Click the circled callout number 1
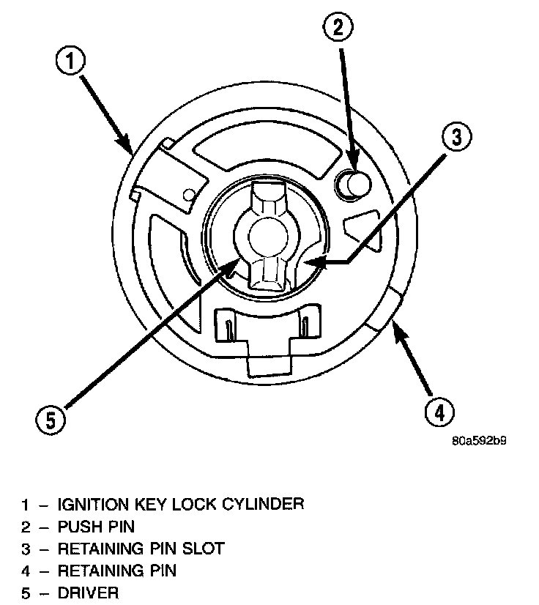pyautogui.click(x=70, y=62)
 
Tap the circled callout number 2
pyautogui.click(x=338, y=27)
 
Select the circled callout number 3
pyautogui.click(x=457, y=136)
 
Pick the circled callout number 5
pyautogui.click(x=51, y=420)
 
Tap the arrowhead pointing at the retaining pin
pyautogui.click(x=399, y=333)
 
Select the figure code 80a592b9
pyautogui.click(x=479, y=441)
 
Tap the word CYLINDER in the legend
pyautogui.click(x=263, y=504)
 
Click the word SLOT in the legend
pyautogui.click(x=204, y=549)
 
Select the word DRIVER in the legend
pyautogui.click(x=88, y=593)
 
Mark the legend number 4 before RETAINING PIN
pyautogui.click(x=26, y=571)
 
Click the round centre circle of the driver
pyautogui.click(x=269, y=237)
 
